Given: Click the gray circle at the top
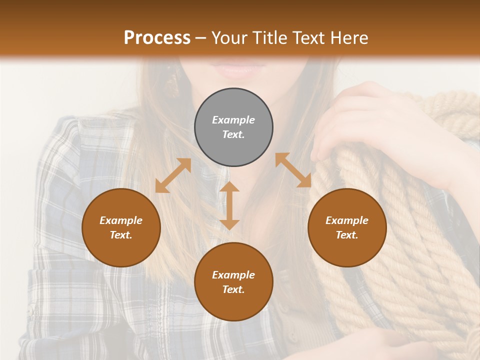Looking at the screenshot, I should pos(233,127).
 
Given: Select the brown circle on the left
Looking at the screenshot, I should pos(121,227).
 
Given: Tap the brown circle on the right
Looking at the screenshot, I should pos(347,227).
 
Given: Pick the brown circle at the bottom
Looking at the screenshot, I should pos(233,282).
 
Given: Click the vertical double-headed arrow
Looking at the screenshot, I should pos(229,205).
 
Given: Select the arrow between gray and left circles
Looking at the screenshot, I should pos(173,175).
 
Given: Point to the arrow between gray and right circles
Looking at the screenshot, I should pos(293,170).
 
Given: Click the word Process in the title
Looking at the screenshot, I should pos(157,38).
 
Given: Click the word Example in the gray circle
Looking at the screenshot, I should pos(233,120).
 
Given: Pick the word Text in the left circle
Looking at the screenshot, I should pos(121,235).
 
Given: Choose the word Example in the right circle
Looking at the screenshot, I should pos(347,220).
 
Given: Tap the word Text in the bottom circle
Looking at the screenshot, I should pos(233,289).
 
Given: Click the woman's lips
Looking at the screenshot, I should pos(235,70).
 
